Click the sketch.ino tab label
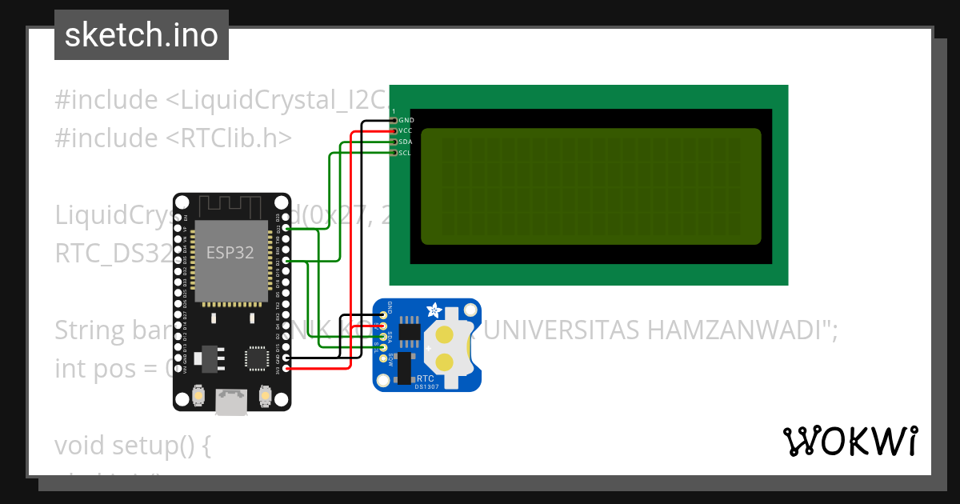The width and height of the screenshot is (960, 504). click(x=142, y=35)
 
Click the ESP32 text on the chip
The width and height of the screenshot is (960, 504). click(x=230, y=253)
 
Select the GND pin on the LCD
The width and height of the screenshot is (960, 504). click(x=394, y=120)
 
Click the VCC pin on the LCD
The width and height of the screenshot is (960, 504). click(x=394, y=130)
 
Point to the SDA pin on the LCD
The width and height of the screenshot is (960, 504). click(x=394, y=142)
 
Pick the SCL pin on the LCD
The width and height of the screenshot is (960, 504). click(x=394, y=152)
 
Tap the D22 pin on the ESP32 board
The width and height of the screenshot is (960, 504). click(x=286, y=229)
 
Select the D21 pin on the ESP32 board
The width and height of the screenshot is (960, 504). click(x=286, y=260)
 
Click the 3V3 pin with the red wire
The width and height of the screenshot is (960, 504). click(x=286, y=368)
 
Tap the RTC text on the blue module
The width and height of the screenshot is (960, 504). click(x=426, y=378)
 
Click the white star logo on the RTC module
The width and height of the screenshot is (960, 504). click(x=434, y=310)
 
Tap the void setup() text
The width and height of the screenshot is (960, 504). click(x=132, y=445)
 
